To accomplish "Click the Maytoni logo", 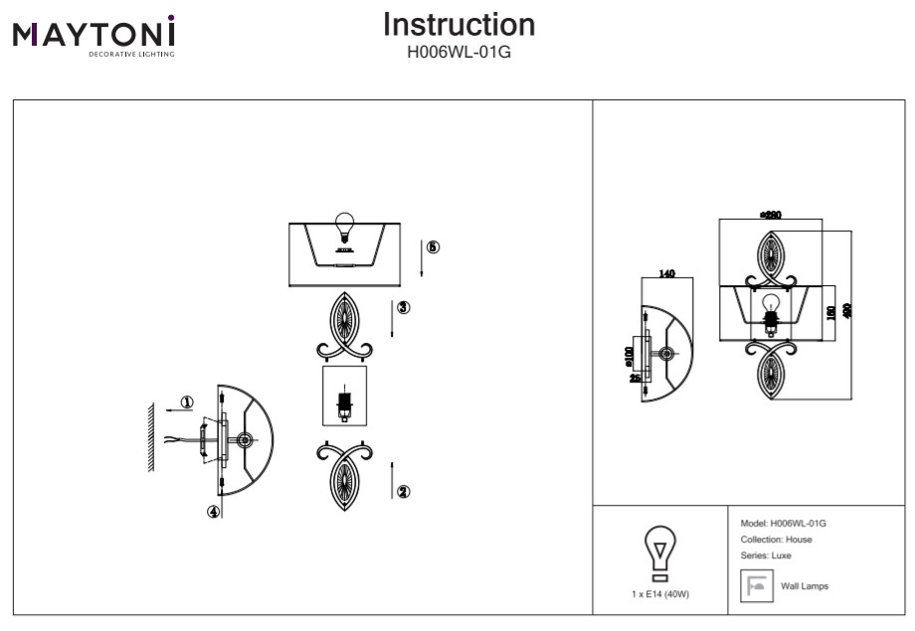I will coord(94,36).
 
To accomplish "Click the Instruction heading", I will coord(458,25).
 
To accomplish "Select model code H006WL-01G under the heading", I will coord(458,51).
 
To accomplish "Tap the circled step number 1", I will coord(187,402).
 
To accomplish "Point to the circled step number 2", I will coord(404,491).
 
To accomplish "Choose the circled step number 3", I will coord(403,308).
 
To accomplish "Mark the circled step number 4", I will coord(213,513).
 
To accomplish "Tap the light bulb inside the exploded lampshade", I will coord(344,228).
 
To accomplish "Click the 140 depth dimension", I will coord(666,275).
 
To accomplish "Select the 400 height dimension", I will coord(846,311).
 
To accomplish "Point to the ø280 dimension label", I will coord(770,214).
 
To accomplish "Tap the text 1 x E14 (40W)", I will coord(659,593).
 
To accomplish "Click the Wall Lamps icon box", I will coord(755,586).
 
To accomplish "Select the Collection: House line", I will coord(776,540).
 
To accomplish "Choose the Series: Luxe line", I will coord(766,555).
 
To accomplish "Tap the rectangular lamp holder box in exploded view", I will coord(344,396).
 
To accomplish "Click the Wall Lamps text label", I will coord(805,586).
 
